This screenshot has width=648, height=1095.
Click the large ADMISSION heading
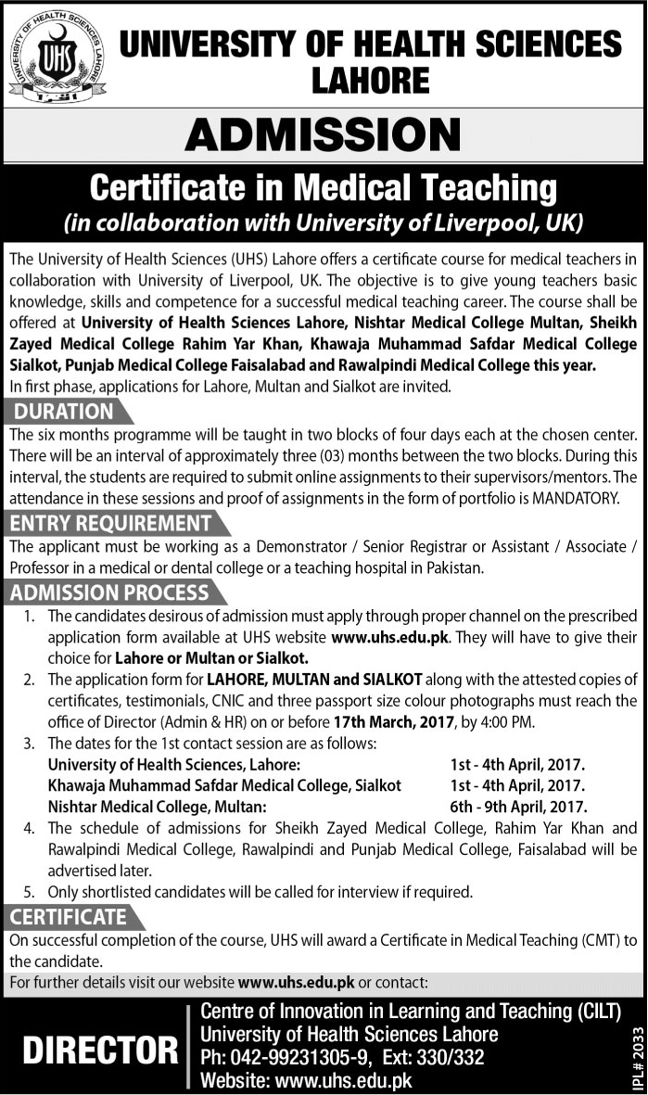click(x=323, y=136)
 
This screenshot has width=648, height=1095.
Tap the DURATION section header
click(x=64, y=412)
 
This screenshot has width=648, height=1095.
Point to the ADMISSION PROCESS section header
click(x=110, y=592)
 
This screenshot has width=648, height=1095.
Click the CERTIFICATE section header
click(x=69, y=917)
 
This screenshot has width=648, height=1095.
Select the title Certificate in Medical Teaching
click(x=323, y=188)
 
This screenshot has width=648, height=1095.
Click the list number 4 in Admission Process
click(x=28, y=828)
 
